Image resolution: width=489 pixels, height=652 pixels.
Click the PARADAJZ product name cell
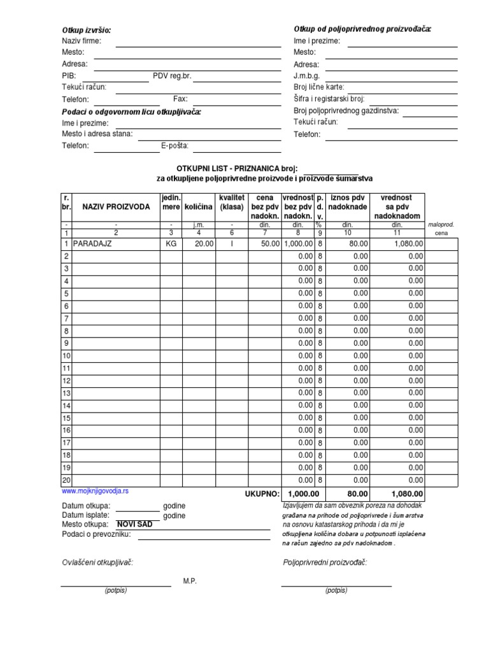point(92,243)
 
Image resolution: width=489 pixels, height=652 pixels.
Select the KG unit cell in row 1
point(171,243)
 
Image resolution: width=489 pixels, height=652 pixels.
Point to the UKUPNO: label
point(262,493)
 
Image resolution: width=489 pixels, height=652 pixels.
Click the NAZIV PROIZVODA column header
point(116,208)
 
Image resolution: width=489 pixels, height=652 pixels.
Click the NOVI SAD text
point(134,525)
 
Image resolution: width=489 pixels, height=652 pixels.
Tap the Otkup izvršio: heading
point(86,31)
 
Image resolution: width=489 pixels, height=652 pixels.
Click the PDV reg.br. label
point(172,76)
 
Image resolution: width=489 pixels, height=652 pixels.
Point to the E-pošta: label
point(175,145)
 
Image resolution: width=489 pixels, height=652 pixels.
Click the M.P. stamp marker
point(190,581)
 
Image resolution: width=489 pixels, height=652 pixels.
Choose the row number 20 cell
point(66,480)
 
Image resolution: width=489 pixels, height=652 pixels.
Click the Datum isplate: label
point(85,515)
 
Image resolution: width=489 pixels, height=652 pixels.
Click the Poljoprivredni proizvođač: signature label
point(325,562)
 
